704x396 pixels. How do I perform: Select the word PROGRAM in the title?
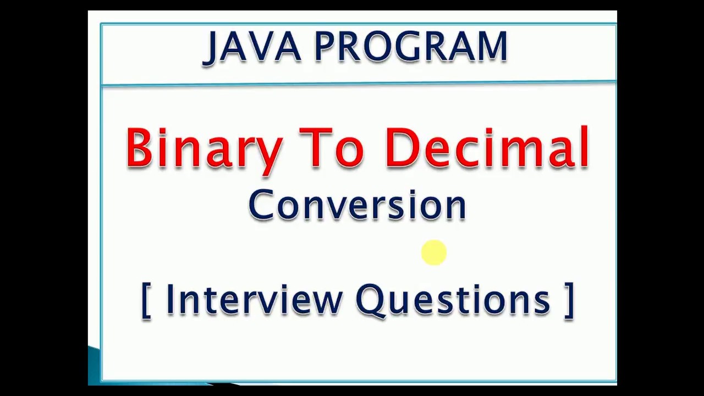[410, 47]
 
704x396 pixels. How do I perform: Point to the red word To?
[331, 147]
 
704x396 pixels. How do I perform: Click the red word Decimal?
[487, 147]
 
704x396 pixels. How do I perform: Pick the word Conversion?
[357, 205]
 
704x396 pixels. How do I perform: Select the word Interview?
[254, 300]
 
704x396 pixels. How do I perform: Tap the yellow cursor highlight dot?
[434, 253]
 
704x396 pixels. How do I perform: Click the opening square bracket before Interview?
[146, 300]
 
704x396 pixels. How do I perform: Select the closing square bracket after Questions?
[569, 300]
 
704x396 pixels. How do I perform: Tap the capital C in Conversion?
[260, 205]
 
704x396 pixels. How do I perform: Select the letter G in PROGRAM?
[420, 47]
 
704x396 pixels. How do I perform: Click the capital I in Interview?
[169, 300]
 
